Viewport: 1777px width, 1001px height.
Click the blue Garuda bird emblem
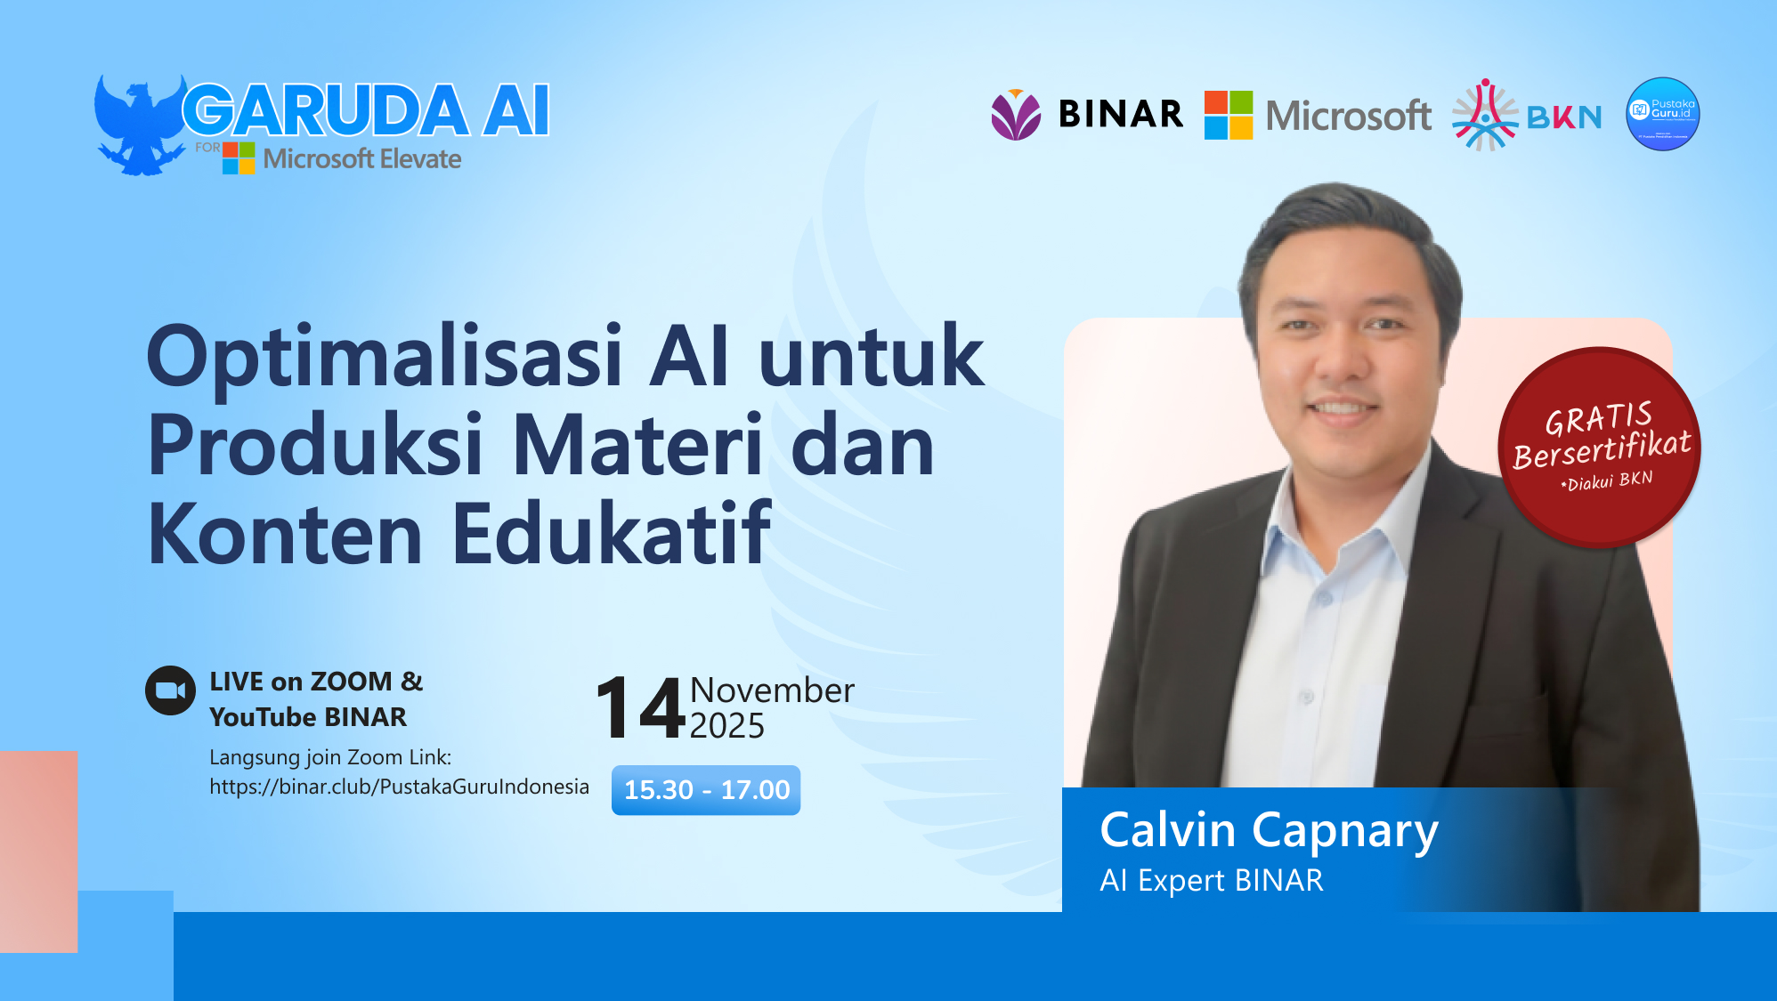(x=138, y=125)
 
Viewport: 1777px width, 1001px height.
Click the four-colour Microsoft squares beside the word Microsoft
(x=1229, y=115)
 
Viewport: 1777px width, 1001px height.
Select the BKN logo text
(x=1564, y=117)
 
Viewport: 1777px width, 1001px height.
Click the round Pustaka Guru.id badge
(x=1662, y=114)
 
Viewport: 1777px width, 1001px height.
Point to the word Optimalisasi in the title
(x=385, y=357)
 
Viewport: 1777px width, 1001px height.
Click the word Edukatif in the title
(x=612, y=534)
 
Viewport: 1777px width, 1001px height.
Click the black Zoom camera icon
(x=170, y=690)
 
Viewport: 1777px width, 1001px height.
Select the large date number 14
(x=640, y=708)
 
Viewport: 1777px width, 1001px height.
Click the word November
(x=772, y=690)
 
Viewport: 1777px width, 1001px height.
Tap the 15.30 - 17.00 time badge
(x=706, y=790)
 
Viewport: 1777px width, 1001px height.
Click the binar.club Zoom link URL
(x=399, y=787)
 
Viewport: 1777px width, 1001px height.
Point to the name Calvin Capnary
(x=1269, y=830)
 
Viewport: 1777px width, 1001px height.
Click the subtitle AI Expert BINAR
(x=1212, y=880)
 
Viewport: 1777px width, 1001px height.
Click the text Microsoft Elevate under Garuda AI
(x=362, y=159)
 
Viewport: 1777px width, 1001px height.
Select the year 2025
(x=726, y=726)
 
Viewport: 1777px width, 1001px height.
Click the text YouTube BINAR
(x=308, y=717)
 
